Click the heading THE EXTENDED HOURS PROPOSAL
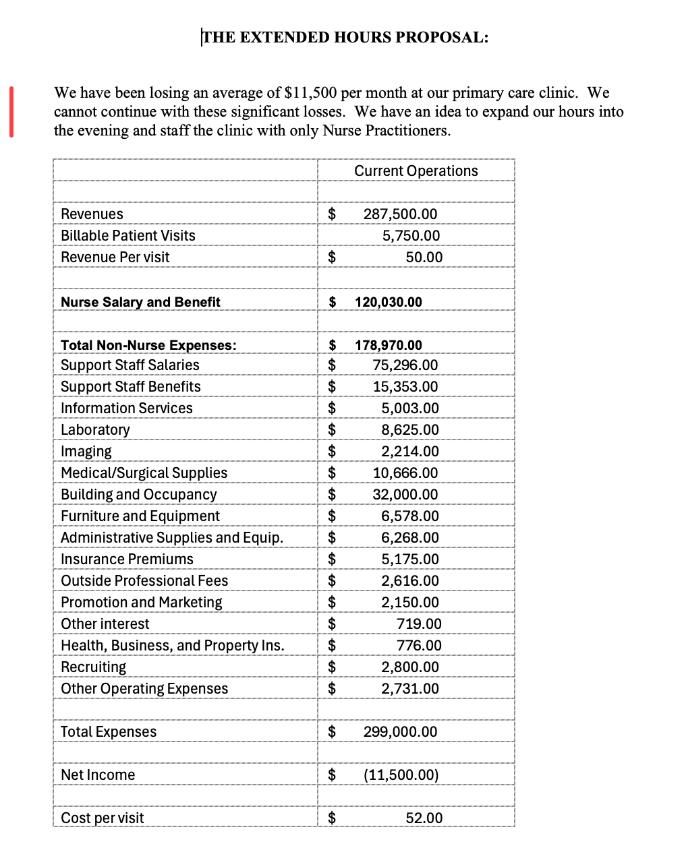click(x=345, y=37)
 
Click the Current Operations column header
click(x=416, y=171)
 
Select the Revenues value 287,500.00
click(x=400, y=214)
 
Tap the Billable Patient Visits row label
click(x=128, y=236)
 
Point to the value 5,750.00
click(x=411, y=236)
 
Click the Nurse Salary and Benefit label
click(x=140, y=302)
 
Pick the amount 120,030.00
click(x=389, y=302)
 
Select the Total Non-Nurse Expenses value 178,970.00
click(x=389, y=345)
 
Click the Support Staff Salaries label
click(x=130, y=365)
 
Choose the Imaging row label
click(x=86, y=452)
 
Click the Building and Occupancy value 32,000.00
click(x=405, y=495)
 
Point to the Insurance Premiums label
click(x=127, y=559)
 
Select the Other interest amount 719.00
click(x=419, y=624)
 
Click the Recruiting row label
click(x=94, y=667)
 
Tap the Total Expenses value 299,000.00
click(x=400, y=732)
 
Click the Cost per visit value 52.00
click(x=424, y=818)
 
